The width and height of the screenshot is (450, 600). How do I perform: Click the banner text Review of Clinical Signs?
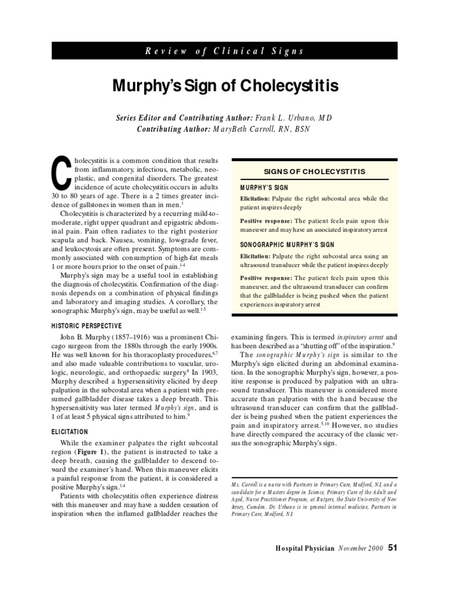point(225,51)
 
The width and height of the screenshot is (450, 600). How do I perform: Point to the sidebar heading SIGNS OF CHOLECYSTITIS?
point(315,171)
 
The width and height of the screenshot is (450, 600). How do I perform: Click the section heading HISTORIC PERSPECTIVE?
point(86,325)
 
